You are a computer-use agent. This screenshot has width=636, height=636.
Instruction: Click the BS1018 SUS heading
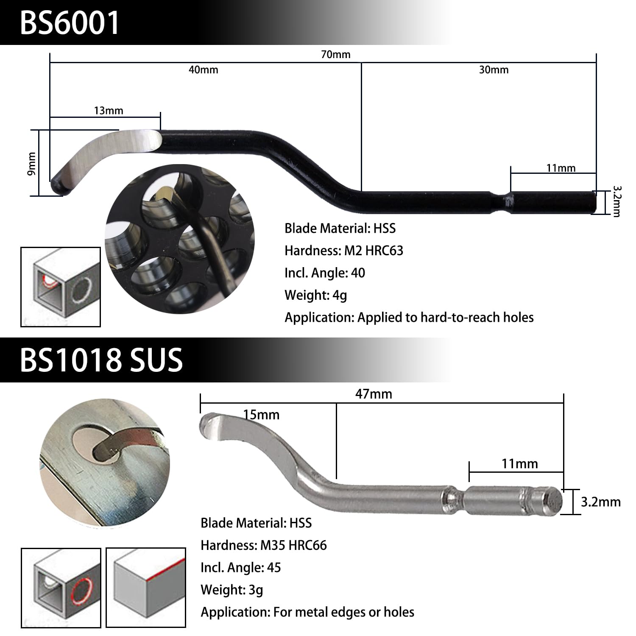point(101,360)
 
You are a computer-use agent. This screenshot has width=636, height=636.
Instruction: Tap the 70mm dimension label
point(335,55)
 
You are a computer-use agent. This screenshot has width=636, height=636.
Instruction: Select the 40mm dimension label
point(203,70)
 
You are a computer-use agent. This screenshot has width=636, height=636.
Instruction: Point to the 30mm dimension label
point(494,70)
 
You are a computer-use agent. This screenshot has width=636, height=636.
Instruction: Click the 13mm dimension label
point(109,111)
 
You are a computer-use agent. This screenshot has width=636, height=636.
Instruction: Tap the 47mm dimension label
point(374,394)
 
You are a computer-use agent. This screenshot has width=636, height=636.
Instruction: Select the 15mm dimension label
point(262,414)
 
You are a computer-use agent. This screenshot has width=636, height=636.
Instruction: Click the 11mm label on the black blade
point(561,168)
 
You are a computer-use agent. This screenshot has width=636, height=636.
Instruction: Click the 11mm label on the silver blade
point(519,463)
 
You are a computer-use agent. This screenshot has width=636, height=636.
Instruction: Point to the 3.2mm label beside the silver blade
point(600,502)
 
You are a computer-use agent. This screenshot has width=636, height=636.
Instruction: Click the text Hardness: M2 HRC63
point(344,251)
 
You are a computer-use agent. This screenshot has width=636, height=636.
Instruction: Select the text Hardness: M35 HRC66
point(264,545)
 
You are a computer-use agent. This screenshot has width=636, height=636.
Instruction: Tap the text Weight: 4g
point(315,295)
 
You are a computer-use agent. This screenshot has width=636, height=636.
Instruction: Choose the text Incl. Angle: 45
point(240,567)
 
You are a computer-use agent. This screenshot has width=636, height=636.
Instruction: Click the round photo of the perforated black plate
point(180,243)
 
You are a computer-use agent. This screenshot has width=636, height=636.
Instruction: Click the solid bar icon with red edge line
point(145,587)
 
